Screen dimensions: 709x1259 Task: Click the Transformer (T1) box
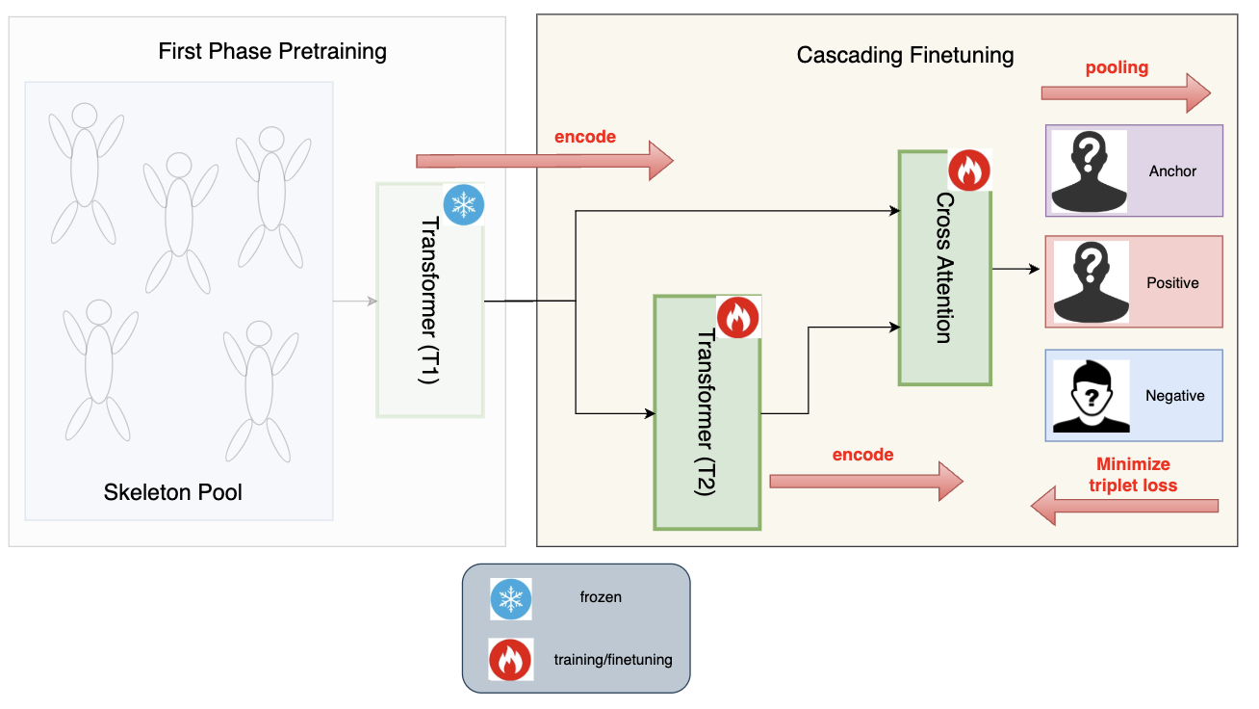tap(429, 301)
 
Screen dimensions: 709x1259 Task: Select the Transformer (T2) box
tap(707, 412)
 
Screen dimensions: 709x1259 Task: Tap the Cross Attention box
tap(944, 268)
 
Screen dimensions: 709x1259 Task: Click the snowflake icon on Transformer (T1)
tap(464, 204)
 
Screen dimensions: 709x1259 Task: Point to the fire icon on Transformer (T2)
tap(738, 317)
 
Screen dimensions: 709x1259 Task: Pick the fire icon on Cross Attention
tap(969, 171)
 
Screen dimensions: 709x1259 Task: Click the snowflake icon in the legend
tap(510, 598)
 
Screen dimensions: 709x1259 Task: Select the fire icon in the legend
tap(510, 660)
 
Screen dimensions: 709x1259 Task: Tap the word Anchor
tap(1172, 171)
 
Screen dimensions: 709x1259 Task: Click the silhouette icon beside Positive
tap(1090, 282)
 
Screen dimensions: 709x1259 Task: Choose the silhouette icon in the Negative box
tap(1090, 395)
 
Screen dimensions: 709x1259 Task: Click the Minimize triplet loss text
tap(1133, 475)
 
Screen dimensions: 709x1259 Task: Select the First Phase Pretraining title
tap(272, 51)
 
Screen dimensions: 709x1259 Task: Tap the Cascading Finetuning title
tap(905, 55)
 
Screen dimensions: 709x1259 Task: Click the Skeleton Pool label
tap(173, 493)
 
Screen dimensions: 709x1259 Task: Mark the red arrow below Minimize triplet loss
tap(1124, 506)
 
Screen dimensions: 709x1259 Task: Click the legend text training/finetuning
tap(613, 660)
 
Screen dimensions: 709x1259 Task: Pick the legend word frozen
tap(601, 597)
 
